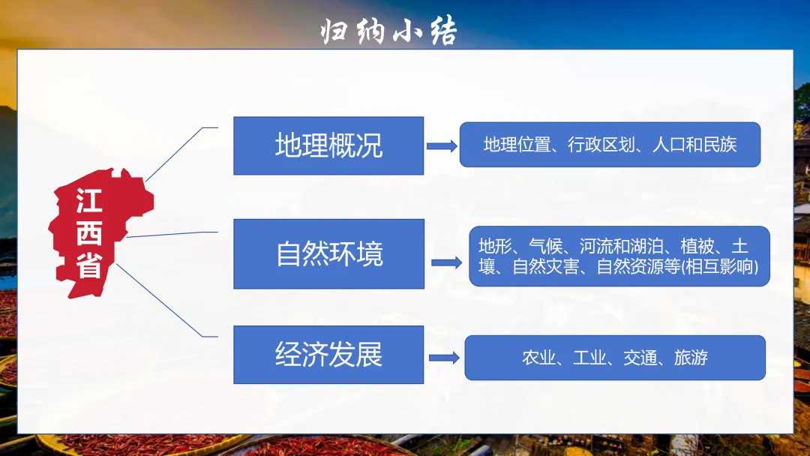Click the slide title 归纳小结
point(388,31)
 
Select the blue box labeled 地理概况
point(328,145)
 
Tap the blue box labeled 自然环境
point(328,253)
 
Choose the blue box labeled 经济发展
point(328,354)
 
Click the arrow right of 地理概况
point(442,146)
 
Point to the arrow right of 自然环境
point(447,262)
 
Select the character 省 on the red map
point(89,266)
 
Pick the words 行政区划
point(595,145)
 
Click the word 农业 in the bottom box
point(539,358)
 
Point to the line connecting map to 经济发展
point(161,300)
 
